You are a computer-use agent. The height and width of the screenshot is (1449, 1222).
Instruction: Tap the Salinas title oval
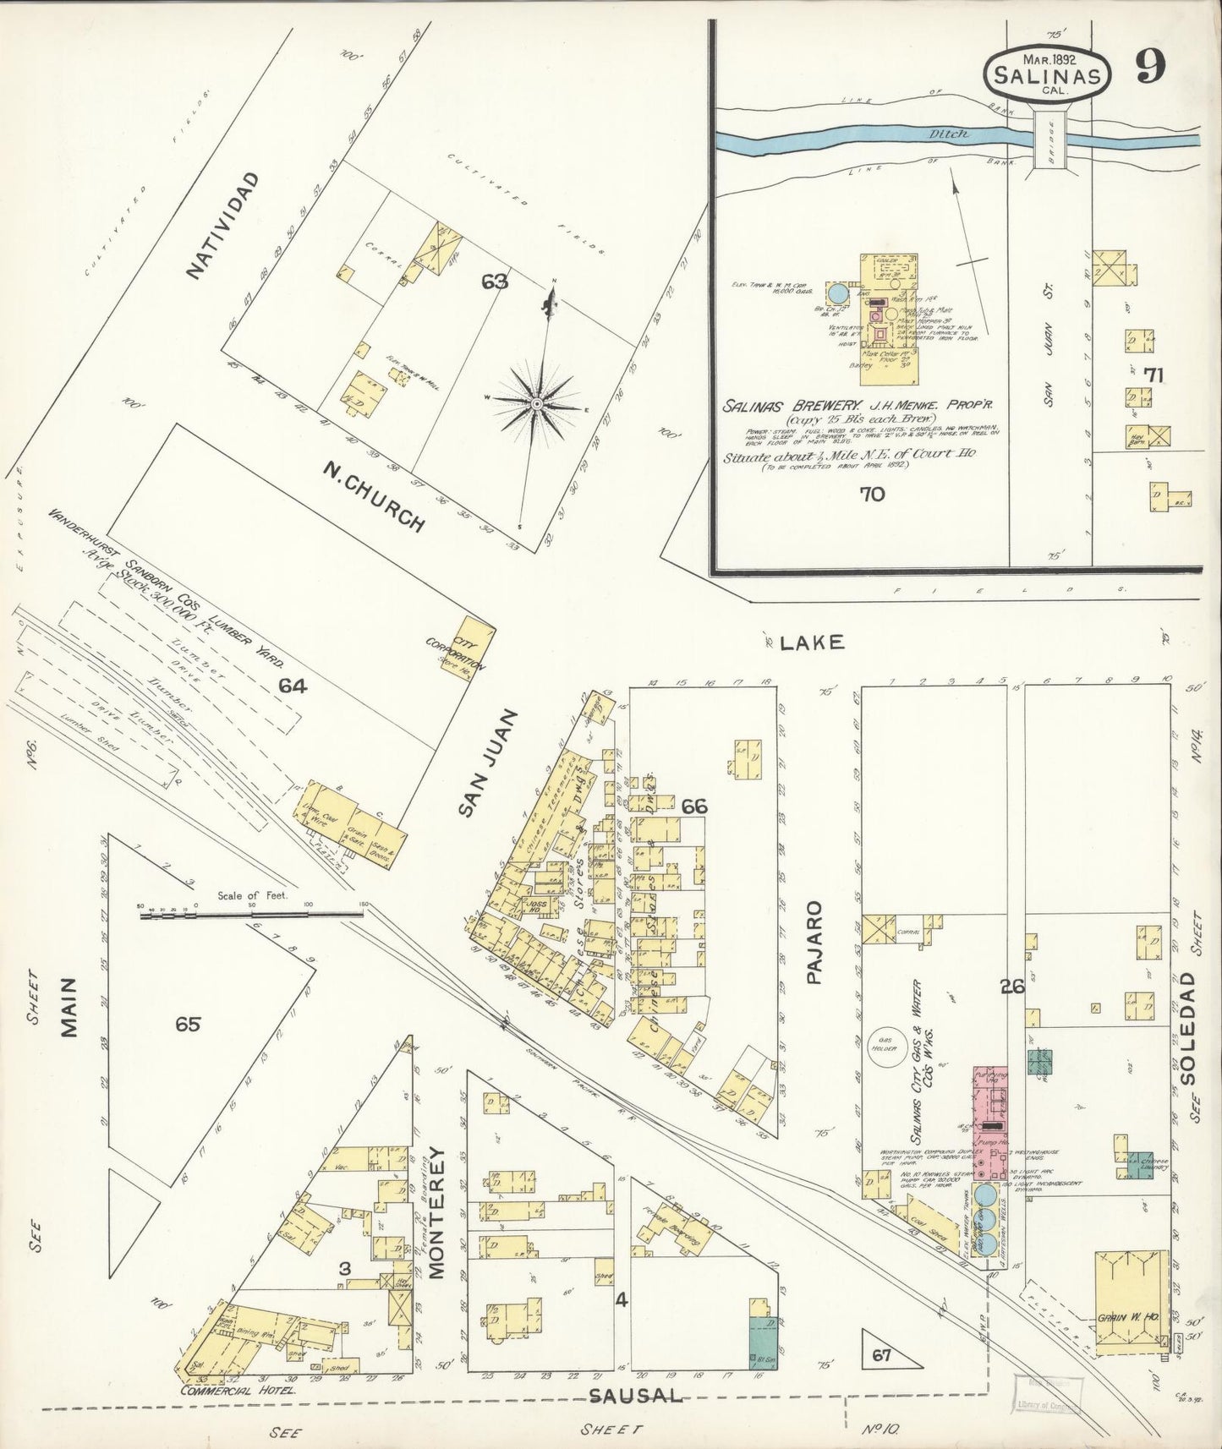(x=1047, y=74)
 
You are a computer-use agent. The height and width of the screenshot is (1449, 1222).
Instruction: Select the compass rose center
(x=536, y=407)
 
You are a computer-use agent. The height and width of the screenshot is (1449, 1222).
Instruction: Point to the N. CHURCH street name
(x=373, y=497)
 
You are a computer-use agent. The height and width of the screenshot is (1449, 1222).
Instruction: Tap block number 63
(x=495, y=282)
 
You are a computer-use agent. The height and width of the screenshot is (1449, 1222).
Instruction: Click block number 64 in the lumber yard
(x=293, y=686)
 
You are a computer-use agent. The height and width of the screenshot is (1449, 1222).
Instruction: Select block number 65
(x=188, y=1025)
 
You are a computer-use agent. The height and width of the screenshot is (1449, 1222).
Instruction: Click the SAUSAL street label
(x=636, y=1395)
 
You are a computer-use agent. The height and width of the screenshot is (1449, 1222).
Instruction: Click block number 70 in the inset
(x=871, y=494)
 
